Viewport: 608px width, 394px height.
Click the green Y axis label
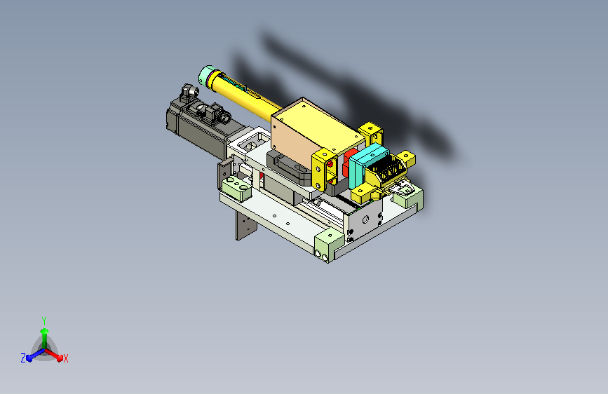pyautogui.click(x=44, y=320)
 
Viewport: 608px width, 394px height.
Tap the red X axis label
pyautogui.click(x=65, y=358)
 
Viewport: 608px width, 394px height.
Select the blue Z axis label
pyautogui.click(x=23, y=358)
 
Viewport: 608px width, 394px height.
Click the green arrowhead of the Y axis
pyautogui.click(x=45, y=331)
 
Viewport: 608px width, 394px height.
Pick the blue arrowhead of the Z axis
pyautogui.click(x=29, y=358)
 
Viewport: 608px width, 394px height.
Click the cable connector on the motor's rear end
pyautogui.click(x=189, y=93)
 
